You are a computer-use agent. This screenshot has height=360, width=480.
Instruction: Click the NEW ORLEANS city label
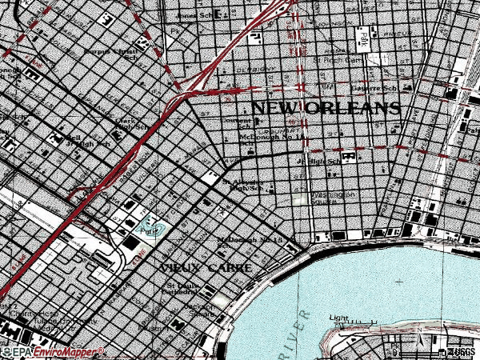click(x=326, y=107)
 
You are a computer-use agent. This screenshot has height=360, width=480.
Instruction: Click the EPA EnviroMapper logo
click(x=52, y=352)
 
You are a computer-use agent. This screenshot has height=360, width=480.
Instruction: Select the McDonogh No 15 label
click(x=250, y=240)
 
